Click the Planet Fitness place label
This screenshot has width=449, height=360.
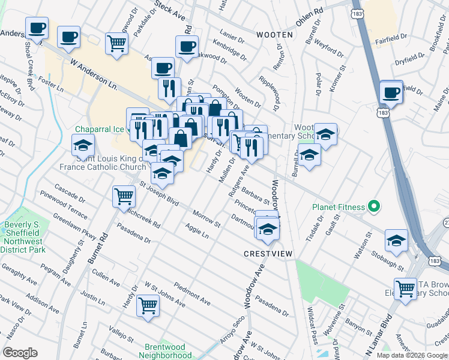(339, 208)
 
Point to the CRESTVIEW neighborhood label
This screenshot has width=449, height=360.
(268, 254)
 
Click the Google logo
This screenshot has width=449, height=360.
(20, 353)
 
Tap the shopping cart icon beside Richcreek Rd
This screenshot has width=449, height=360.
(123, 196)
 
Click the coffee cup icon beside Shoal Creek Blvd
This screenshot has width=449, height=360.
(37, 27)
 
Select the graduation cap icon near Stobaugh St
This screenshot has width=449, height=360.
(396, 240)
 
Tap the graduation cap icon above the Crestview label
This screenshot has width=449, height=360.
(268, 229)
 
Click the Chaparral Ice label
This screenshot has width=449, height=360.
(98, 129)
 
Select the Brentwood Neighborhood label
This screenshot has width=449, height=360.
(165, 351)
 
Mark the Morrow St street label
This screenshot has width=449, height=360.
(207, 218)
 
